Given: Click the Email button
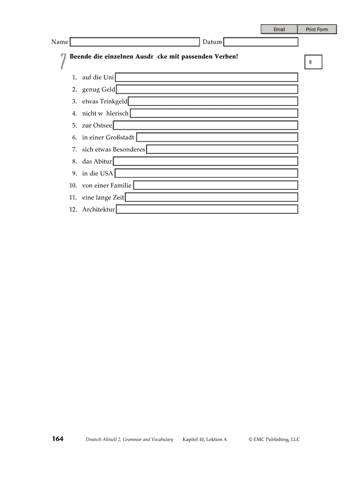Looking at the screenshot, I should point(279,29).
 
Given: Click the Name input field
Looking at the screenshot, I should point(135,43).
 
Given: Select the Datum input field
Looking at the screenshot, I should point(261,43).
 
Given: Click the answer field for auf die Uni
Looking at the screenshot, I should point(206,77).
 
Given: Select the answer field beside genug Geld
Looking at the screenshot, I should point(207,89).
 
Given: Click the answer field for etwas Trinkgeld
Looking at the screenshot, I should point(213,102).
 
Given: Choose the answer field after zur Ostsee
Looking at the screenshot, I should point(206,125).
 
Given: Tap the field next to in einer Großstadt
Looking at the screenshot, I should point(217,138).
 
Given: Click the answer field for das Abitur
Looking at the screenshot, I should point(206,161).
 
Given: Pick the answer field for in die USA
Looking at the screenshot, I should point(206,174).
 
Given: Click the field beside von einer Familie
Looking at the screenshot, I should point(216,186).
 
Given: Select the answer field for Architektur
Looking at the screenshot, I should point(207,210).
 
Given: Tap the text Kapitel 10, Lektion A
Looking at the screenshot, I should point(205,440).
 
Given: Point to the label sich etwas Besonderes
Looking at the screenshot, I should point(114,150).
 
